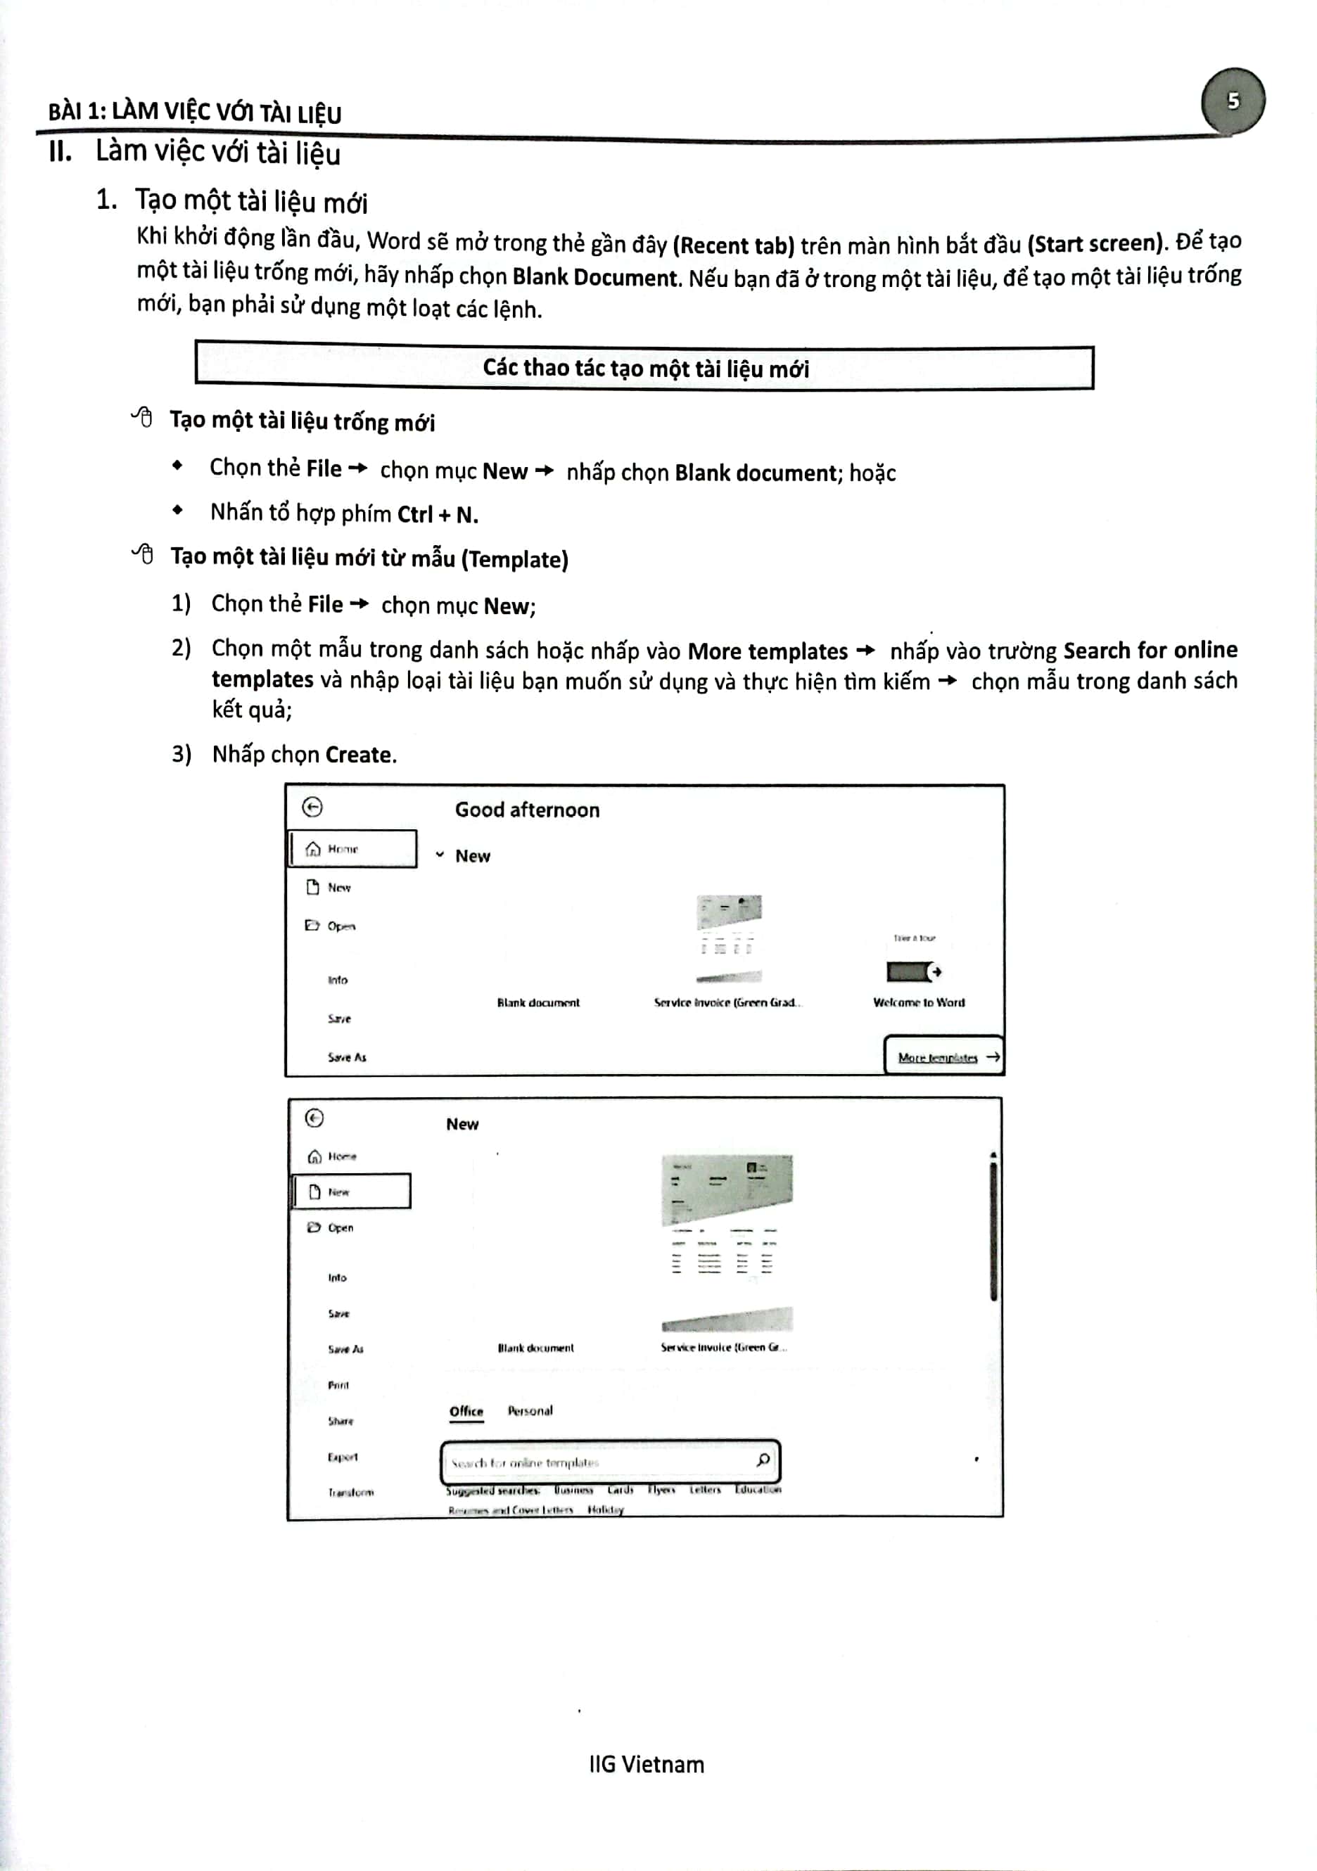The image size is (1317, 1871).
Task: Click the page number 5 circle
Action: pos(1233,101)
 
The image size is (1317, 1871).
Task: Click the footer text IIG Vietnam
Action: pos(647,1764)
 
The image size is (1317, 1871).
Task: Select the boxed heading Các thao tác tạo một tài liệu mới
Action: pos(644,369)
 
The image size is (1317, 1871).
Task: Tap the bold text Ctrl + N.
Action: pos(438,515)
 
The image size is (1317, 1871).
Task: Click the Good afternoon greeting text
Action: pos(527,810)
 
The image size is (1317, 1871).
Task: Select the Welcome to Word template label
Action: pos(919,1002)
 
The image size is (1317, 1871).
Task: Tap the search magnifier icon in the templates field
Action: pos(763,1460)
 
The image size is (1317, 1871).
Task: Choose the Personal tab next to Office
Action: pos(530,1410)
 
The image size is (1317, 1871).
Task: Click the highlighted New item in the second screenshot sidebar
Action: pos(350,1192)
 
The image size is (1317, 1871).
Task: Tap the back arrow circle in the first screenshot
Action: pos(312,807)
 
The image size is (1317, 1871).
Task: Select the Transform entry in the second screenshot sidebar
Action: pos(350,1493)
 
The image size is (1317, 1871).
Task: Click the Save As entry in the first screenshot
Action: pos(346,1058)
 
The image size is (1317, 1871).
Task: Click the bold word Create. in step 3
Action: pos(361,755)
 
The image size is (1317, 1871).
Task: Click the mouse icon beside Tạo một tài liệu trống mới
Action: pos(143,418)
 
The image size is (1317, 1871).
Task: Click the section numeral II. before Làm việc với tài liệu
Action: pos(60,151)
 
